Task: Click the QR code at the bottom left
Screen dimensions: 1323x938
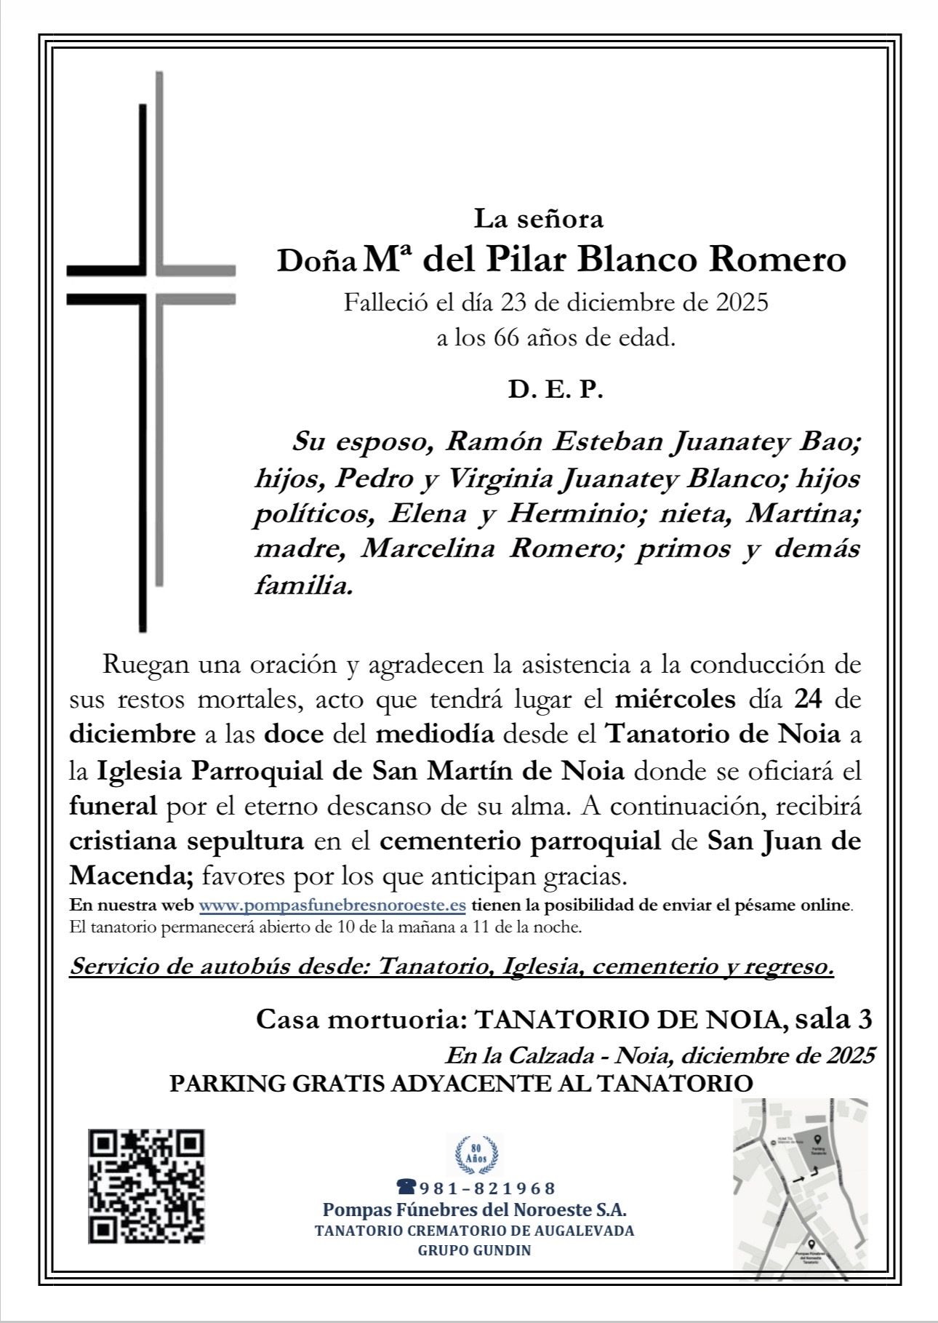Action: [x=146, y=1186]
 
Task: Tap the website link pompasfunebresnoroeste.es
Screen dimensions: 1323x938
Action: [x=332, y=906]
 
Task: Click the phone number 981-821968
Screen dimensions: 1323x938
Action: [x=486, y=1188]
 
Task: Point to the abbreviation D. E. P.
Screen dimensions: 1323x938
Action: [x=556, y=391]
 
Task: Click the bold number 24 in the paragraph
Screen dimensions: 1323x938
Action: [x=808, y=700]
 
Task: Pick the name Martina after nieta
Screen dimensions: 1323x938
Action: [x=804, y=513]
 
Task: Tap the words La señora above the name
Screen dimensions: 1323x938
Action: [x=539, y=217]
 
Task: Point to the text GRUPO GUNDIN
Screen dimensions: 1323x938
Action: [x=474, y=1250]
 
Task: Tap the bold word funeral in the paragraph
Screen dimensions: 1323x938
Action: [x=113, y=806]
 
